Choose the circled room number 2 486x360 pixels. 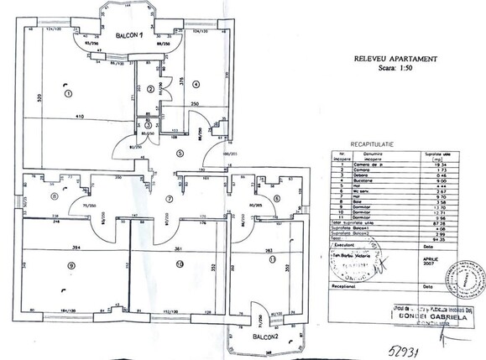pos(151,88)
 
